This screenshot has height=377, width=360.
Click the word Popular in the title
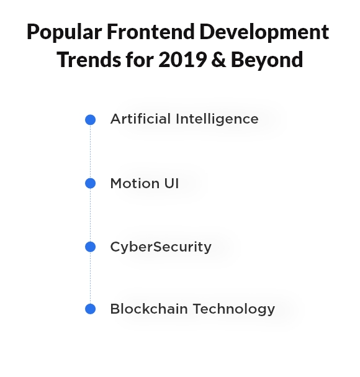coord(65,32)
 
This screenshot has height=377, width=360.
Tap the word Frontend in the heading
coord(151,32)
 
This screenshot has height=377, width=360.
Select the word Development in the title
coord(264,32)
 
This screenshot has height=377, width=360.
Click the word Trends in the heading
coord(89,60)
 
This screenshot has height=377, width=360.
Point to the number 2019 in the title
coord(182,60)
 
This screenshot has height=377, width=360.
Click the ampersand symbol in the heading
coord(218,60)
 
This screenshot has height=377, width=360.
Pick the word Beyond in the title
coord(267,60)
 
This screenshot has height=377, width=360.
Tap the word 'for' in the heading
coord(140,60)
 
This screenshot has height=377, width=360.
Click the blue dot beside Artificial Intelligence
coord(91,120)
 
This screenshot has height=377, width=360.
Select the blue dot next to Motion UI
coord(91,183)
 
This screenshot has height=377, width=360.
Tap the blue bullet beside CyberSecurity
coord(91,247)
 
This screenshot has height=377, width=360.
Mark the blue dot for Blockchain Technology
coord(91,309)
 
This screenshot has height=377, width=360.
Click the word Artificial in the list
coord(140,119)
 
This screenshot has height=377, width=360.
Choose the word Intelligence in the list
coord(217,119)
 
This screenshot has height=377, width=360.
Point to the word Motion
coord(135,183)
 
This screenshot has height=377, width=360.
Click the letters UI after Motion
coord(171,183)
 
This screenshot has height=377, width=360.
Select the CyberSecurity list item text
coord(161,247)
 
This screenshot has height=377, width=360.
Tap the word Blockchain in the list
coord(149,309)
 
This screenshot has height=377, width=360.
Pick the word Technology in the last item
coord(234,309)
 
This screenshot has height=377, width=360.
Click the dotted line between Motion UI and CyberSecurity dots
coord(91,215)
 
